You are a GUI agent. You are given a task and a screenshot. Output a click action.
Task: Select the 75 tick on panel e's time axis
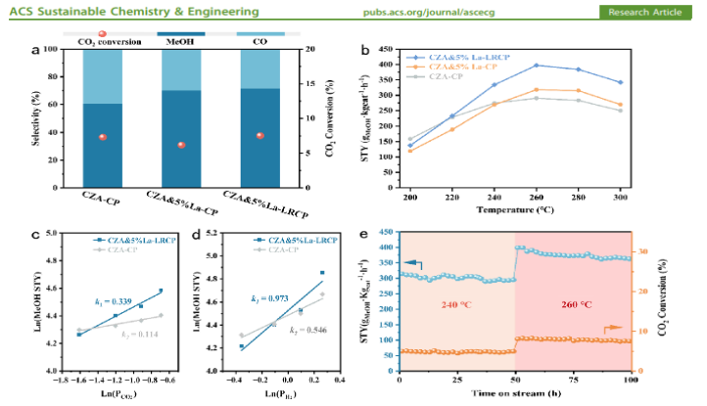pos(579,381)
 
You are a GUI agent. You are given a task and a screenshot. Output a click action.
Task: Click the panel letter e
pos(364,236)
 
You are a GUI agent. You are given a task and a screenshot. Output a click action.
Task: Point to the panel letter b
pos(364,48)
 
